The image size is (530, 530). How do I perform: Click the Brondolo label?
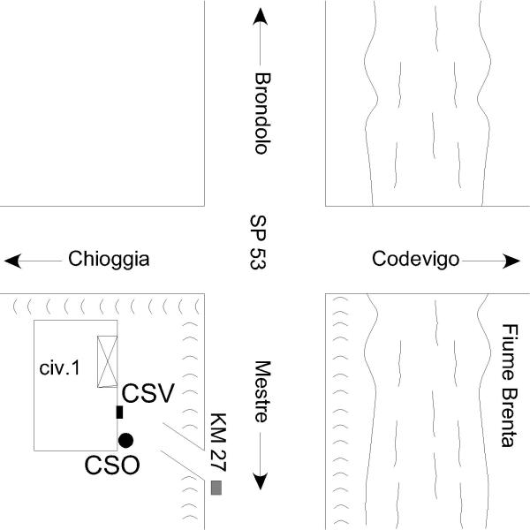(x=261, y=113)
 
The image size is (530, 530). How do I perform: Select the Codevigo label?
(x=416, y=260)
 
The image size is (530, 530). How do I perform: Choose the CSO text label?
(x=112, y=465)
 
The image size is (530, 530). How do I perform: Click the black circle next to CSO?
(x=125, y=440)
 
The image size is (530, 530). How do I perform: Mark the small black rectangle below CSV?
(x=119, y=412)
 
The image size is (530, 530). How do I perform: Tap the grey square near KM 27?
(x=216, y=488)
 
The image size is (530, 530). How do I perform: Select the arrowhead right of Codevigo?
(x=511, y=261)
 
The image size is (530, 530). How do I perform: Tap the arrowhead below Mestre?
(x=261, y=481)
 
